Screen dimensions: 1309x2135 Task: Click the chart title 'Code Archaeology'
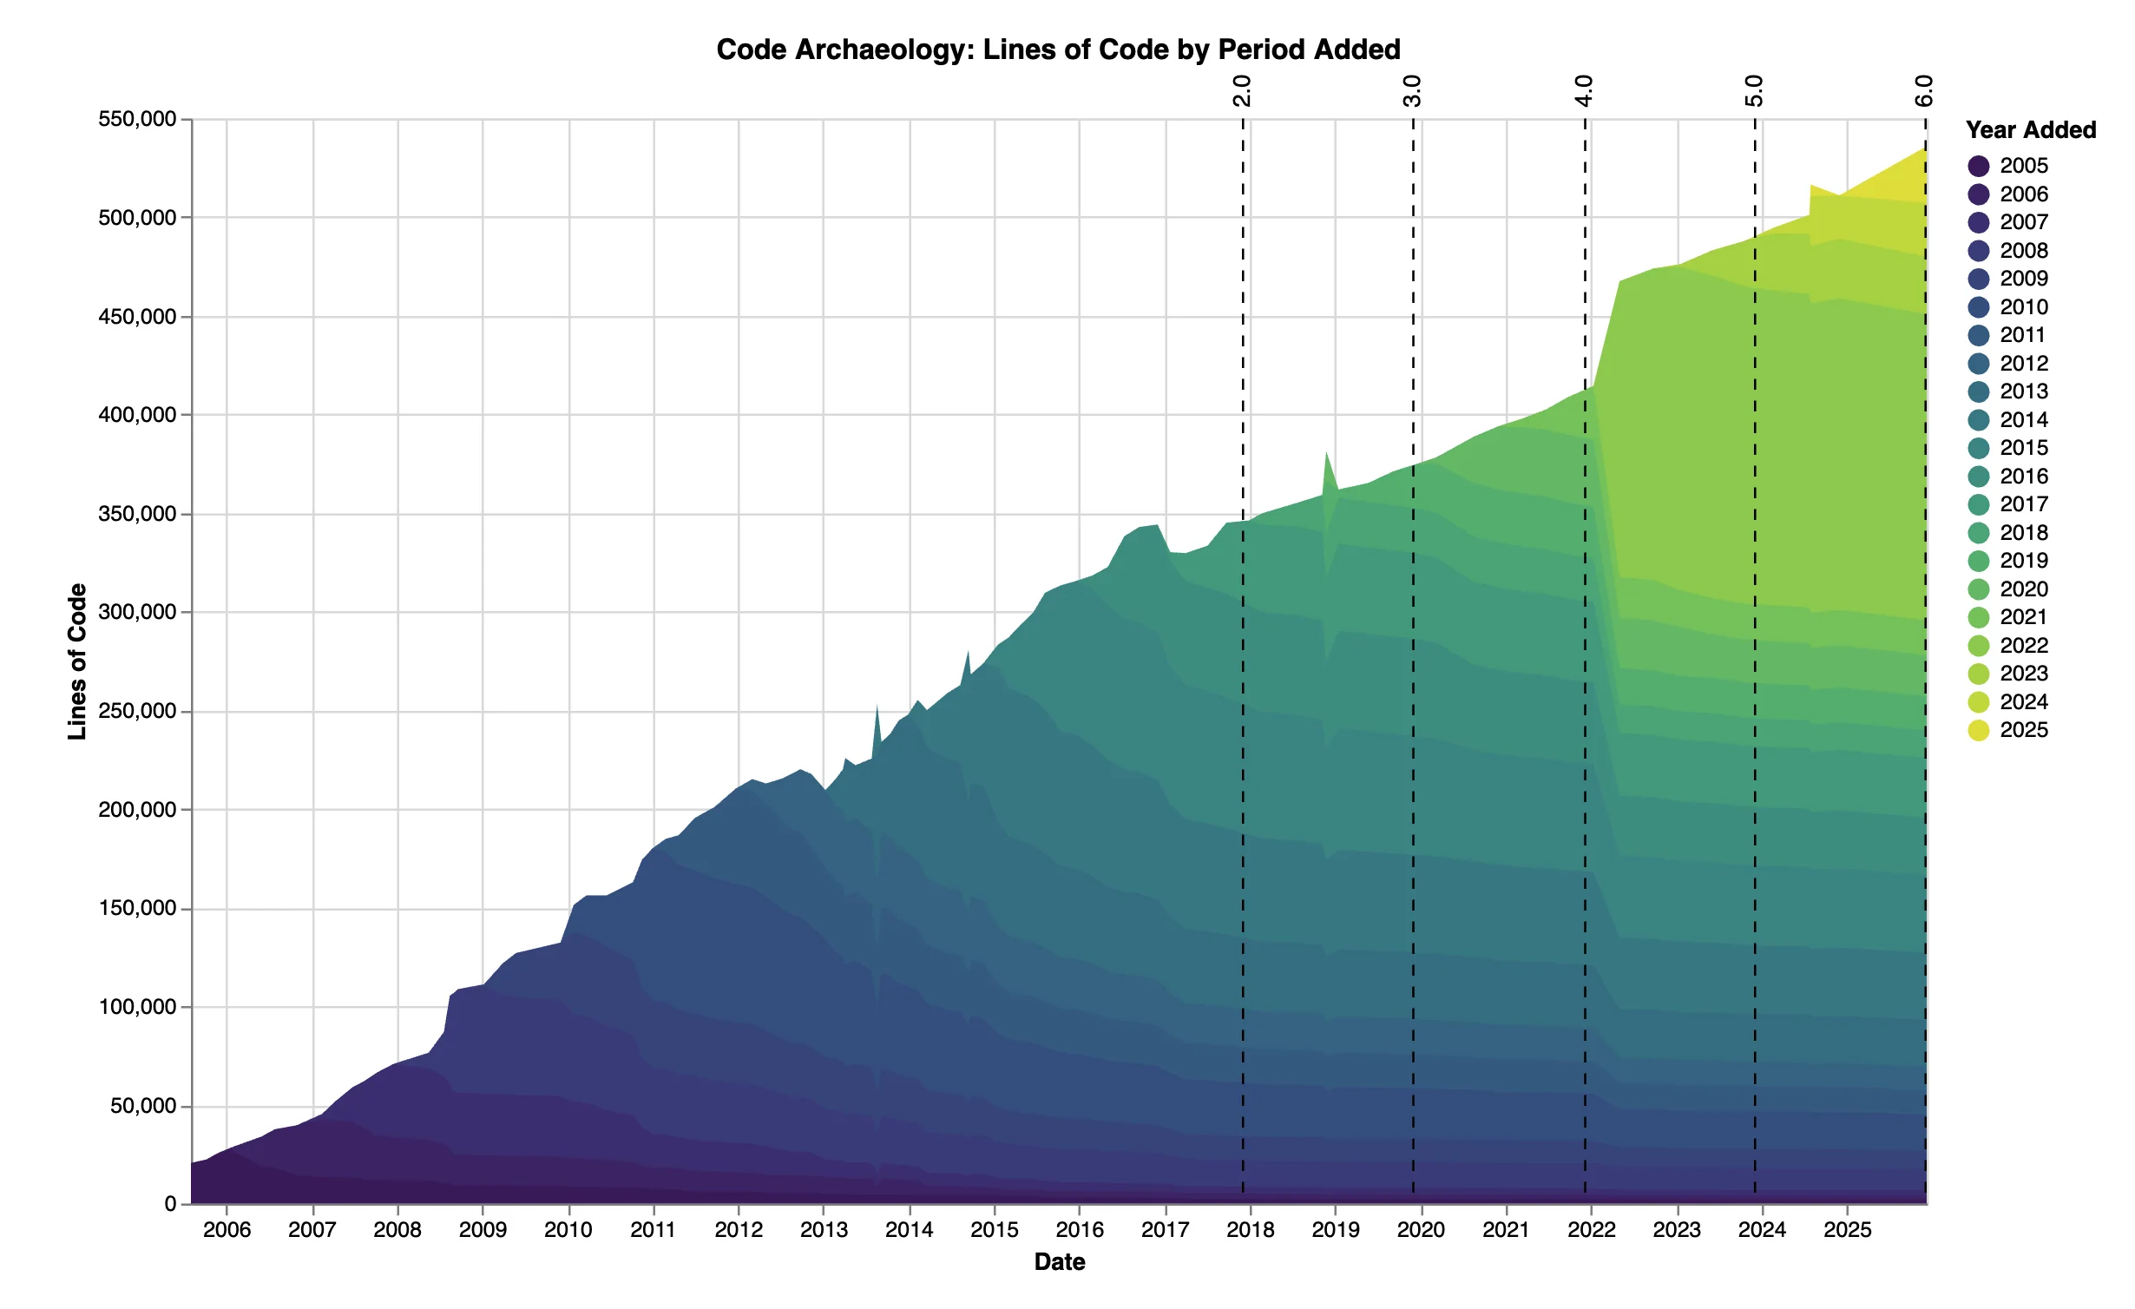point(1058,49)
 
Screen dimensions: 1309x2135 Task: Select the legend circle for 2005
point(1979,166)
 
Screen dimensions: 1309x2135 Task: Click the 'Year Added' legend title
point(2030,130)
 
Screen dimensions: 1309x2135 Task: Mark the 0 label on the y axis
point(170,1204)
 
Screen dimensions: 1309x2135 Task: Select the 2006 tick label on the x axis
point(227,1229)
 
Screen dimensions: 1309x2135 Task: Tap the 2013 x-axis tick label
point(824,1229)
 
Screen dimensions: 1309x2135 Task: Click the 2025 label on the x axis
point(1847,1229)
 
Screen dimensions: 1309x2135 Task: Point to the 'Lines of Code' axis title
point(78,661)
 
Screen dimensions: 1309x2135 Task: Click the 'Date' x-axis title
point(1059,1262)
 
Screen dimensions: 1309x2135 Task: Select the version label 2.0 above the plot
point(1243,90)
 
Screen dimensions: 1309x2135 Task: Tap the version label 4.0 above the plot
point(1585,90)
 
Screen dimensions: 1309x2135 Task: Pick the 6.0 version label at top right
point(1924,90)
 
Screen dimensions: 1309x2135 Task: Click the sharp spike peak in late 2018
point(1326,452)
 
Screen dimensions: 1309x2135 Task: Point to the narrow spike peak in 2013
point(877,706)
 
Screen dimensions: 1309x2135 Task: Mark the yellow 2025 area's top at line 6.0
point(1925,149)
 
